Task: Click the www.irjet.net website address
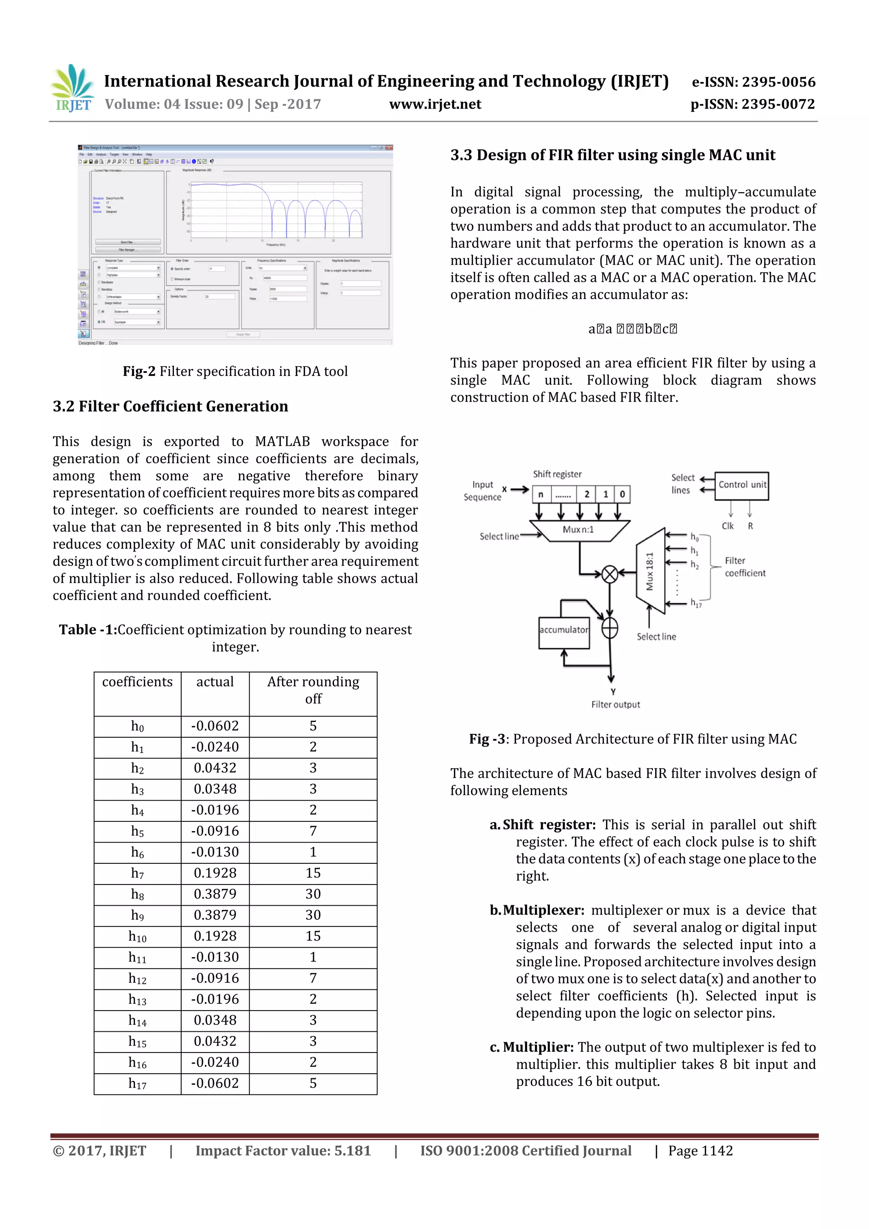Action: point(435,104)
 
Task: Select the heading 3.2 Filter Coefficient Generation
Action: point(170,406)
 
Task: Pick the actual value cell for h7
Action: point(215,873)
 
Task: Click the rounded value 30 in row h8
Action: point(313,894)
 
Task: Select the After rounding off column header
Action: point(313,690)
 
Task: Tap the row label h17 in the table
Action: point(137,1083)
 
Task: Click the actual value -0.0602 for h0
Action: point(215,726)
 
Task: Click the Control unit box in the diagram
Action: point(742,485)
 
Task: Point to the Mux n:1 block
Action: point(578,530)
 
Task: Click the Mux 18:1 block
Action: point(650,571)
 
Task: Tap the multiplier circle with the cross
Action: point(609,574)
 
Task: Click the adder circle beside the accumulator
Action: point(609,628)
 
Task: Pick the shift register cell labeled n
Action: point(541,494)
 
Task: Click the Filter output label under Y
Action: point(615,704)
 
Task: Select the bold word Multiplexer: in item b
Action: point(543,910)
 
